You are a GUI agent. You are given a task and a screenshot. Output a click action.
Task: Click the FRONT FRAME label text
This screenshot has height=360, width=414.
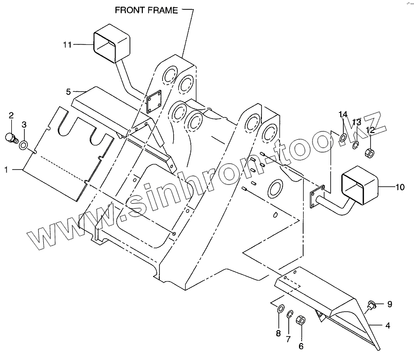(x=147, y=9)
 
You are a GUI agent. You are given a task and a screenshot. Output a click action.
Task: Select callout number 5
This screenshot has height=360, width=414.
(x=68, y=92)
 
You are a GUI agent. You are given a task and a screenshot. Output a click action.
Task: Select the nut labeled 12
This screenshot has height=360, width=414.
(x=370, y=153)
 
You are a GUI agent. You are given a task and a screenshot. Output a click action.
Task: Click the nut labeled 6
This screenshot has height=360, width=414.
(x=302, y=320)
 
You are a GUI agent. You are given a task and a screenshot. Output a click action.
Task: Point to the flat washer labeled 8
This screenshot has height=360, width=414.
(x=278, y=309)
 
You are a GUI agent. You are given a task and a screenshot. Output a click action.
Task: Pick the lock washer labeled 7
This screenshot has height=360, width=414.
(x=290, y=314)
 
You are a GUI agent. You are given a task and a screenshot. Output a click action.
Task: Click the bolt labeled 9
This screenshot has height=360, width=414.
(x=370, y=305)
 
